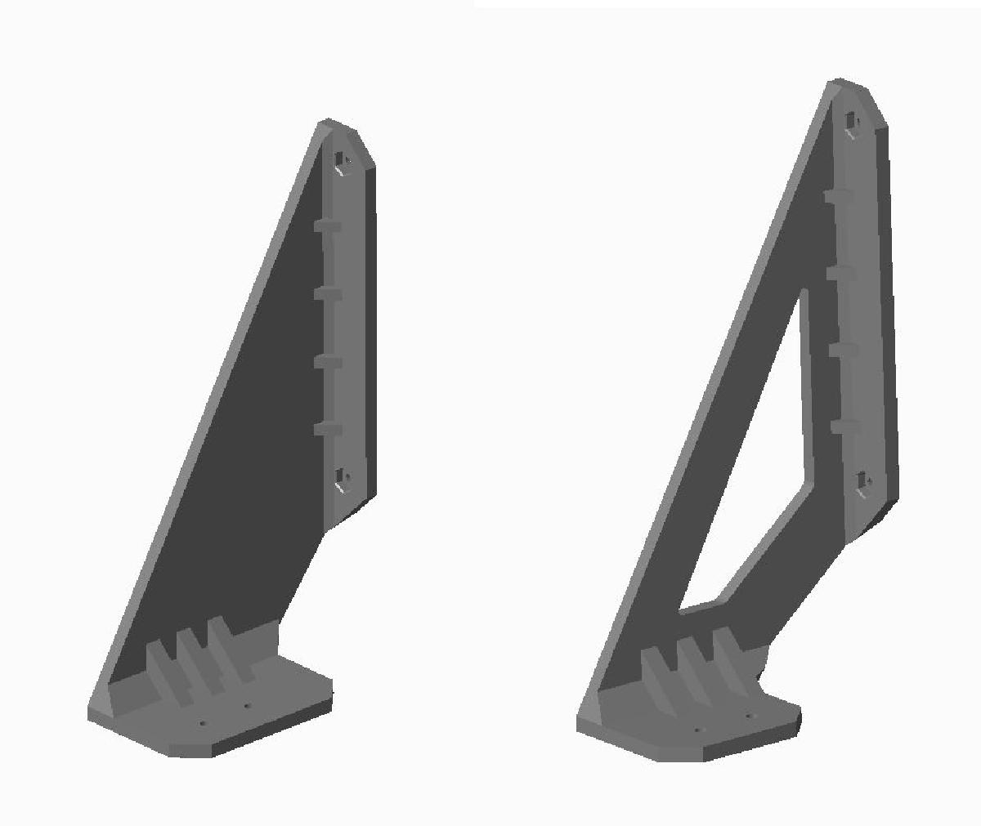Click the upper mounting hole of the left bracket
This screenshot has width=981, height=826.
(x=342, y=162)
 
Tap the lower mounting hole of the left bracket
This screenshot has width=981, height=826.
(x=343, y=480)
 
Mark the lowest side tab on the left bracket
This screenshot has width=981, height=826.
(x=327, y=428)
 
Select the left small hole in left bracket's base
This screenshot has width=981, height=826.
(x=203, y=722)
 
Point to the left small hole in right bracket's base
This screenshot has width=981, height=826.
(x=697, y=730)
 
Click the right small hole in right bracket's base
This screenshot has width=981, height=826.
(x=747, y=717)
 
